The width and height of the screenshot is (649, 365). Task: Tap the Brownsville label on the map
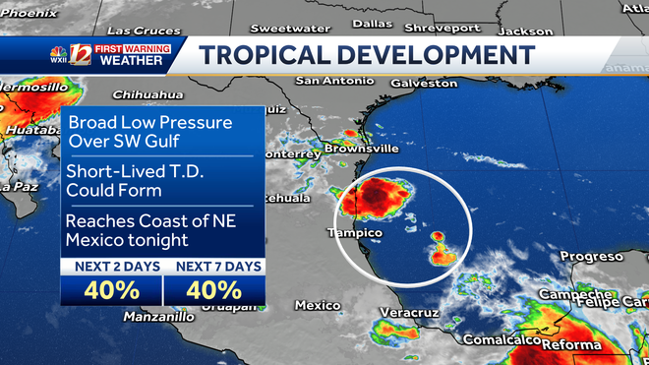[x=363, y=149]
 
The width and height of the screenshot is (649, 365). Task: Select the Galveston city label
[x=424, y=84]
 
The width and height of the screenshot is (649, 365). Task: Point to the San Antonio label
[x=329, y=81]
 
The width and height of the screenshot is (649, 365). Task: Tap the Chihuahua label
[x=149, y=94]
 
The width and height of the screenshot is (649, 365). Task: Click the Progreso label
[x=592, y=256]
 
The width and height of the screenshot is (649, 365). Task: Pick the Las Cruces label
[x=138, y=30]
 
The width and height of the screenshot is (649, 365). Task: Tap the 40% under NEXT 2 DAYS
[x=109, y=290]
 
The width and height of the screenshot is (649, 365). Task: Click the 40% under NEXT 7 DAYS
[x=212, y=290]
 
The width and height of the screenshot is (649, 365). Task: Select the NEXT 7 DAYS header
[x=212, y=267]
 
